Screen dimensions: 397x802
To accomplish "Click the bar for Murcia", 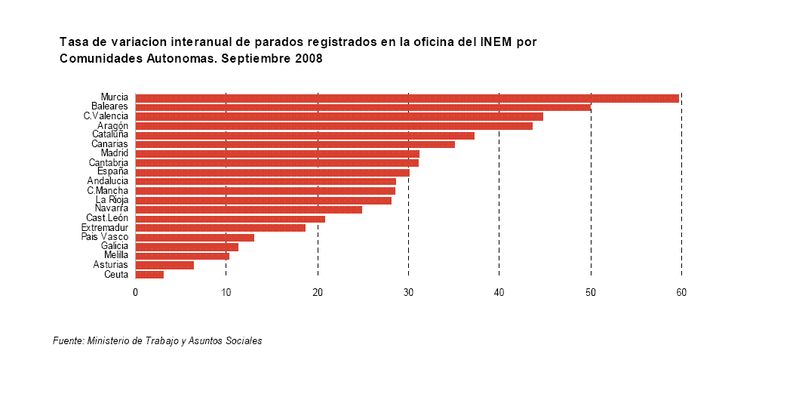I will [x=407, y=98].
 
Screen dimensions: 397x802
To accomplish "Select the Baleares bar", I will [x=362, y=107].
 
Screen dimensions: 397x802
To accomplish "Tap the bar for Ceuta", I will [x=149, y=275].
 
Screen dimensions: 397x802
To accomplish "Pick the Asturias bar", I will [x=164, y=265].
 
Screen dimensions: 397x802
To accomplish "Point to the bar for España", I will [x=272, y=172].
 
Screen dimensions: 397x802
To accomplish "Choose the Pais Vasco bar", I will [x=195, y=237].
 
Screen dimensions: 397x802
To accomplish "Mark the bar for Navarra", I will [x=248, y=209].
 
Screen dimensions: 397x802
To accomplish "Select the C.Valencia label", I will [x=106, y=116].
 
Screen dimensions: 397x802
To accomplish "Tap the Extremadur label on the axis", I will [x=105, y=228].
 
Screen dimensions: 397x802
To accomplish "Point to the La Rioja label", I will [x=112, y=200].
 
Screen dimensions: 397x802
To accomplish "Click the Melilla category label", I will [x=115, y=256].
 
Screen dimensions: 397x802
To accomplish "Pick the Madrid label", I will [x=114, y=153].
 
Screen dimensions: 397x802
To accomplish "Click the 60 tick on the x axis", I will [x=681, y=293].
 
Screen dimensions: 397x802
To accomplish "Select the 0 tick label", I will [x=135, y=293].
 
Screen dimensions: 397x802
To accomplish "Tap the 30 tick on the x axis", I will [x=408, y=293].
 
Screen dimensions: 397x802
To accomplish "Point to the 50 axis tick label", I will [x=591, y=293].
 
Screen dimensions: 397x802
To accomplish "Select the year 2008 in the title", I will [x=308, y=59].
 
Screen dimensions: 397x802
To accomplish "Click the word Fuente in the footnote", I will [x=68, y=341].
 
